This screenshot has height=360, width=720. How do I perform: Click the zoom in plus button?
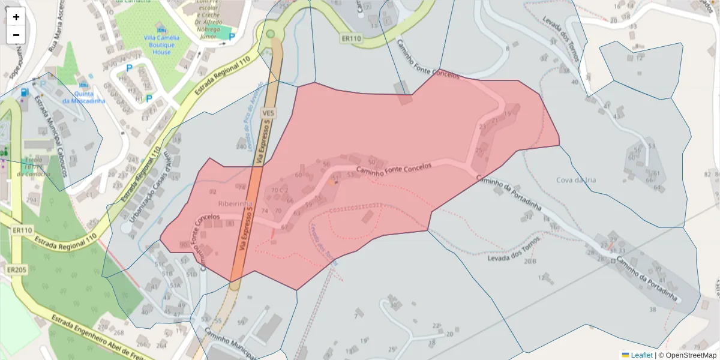pyautogui.click(x=16, y=17)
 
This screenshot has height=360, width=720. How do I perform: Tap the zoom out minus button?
pyautogui.click(x=16, y=35)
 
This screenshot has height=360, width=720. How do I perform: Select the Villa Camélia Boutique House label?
pyautogui.click(x=158, y=44)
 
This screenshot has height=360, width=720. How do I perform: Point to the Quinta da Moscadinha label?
pyautogui.click(x=83, y=97)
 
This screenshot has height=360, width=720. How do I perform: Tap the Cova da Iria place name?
pyautogui.click(x=575, y=180)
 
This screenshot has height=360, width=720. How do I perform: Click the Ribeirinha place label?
pyautogui.click(x=235, y=203)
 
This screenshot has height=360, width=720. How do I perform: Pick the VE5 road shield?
pyautogui.click(x=268, y=113)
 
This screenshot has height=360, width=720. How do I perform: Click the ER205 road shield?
pyautogui.click(x=17, y=270)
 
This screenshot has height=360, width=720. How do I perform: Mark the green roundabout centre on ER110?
pyautogui.click(x=270, y=34)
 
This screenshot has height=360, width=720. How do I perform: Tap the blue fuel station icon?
pyautogui.click(x=24, y=92)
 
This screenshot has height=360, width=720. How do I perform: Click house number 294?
pyautogui.click(x=31, y=200)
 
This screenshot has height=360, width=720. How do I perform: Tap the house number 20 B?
pyautogui.click(x=529, y=261)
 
